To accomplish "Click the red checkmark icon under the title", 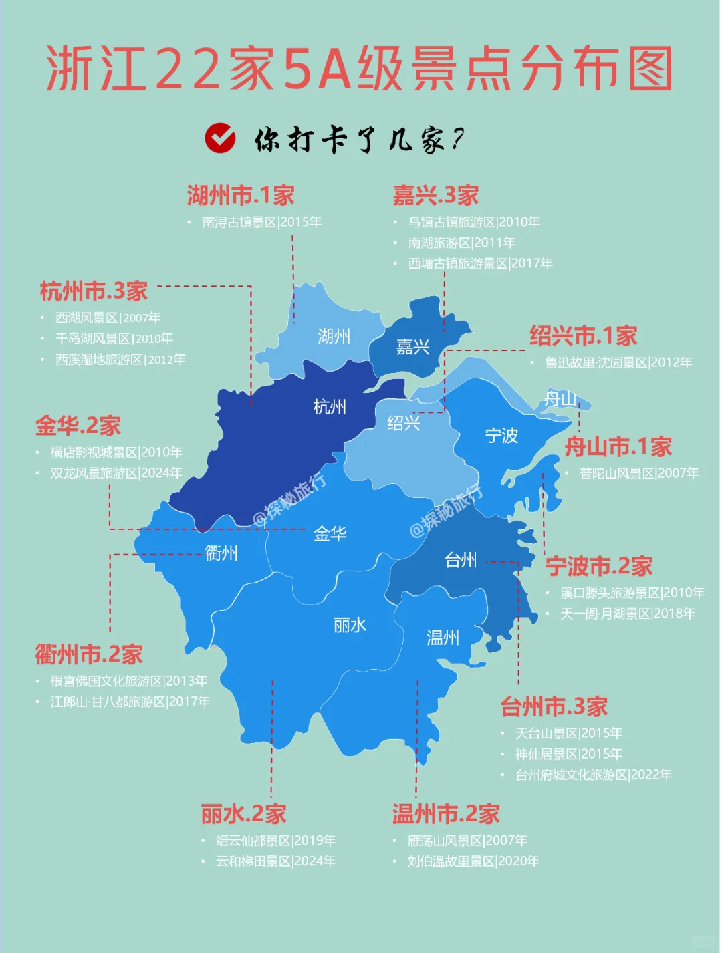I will pos(220,138).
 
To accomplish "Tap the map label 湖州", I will pos(334,335).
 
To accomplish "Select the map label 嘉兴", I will pos(412,347).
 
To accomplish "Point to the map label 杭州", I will pos(330,406).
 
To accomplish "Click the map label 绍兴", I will pos(404,422).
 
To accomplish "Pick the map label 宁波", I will pos(501,436).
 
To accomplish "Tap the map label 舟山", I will pos(560,399).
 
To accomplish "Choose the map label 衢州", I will pos(221,553).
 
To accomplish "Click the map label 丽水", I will pos(350,625).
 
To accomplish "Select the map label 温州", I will pos(443,638).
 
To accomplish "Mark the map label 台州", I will pos(461,560).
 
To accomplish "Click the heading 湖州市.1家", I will pos(241,196).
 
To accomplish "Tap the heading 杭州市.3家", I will pos(94,291).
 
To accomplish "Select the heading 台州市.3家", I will pos(554,706).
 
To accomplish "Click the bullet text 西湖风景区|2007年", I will pos(108,317).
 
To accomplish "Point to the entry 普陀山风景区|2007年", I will pos(639,473).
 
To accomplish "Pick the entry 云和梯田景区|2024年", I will pos(275,861).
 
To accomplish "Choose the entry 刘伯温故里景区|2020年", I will pos(473,861).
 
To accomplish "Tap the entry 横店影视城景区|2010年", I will pos(116,452).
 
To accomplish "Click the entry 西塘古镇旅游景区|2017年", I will pos(480,263).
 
